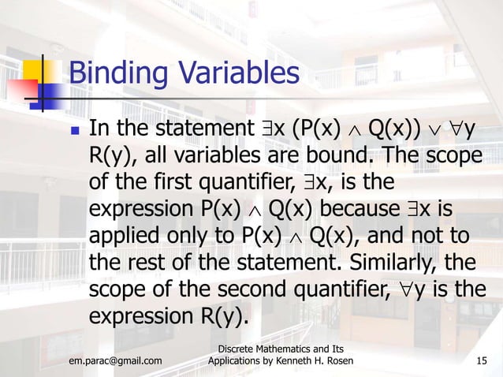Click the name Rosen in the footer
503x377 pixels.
tap(333, 361)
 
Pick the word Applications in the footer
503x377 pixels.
tap(236, 361)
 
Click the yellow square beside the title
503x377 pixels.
tap(47, 69)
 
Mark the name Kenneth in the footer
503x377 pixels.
tap(290, 361)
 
